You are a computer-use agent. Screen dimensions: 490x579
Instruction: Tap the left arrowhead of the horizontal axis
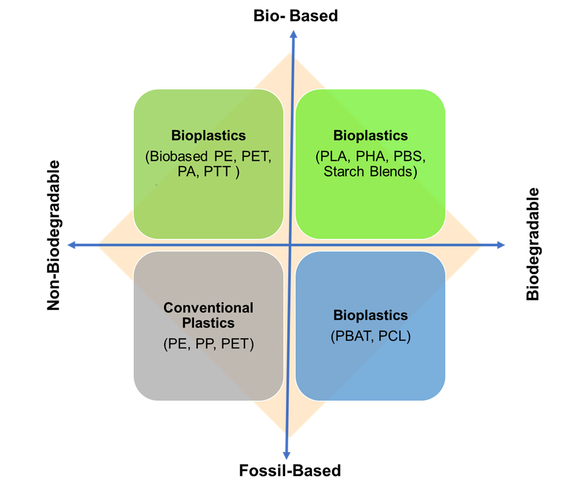tap(71, 244)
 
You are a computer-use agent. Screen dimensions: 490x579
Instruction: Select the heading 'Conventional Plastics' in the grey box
tap(208, 315)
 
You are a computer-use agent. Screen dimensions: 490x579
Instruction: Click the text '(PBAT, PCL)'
tap(370, 336)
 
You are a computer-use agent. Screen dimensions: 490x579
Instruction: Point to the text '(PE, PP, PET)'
tap(208, 343)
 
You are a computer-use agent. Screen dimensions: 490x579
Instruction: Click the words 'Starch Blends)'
tap(370, 171)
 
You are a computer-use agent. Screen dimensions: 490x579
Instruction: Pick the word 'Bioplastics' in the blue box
tap(370, 316)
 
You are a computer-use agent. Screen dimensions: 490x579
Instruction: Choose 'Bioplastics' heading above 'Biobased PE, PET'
tap(208, 136)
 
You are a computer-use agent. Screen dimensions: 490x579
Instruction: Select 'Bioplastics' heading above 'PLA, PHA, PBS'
tap(370, 136)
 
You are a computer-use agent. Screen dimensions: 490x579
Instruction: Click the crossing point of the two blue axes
tap(289, 245)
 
